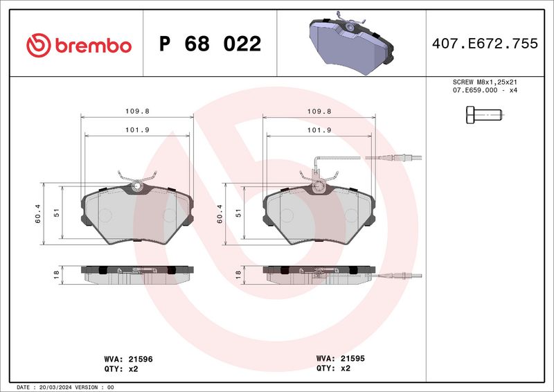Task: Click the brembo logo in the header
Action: [79, 45]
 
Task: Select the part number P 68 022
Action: [211, 44]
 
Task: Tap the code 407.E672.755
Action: [485, 44]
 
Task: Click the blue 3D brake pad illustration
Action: [352, 43]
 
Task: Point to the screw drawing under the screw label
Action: [484, 115]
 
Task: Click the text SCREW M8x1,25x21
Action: [485, 82]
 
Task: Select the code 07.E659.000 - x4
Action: [485, 90]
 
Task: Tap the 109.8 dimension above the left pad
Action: [137, 111]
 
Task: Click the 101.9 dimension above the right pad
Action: [319, 130]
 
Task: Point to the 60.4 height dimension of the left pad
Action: [38, 214]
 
